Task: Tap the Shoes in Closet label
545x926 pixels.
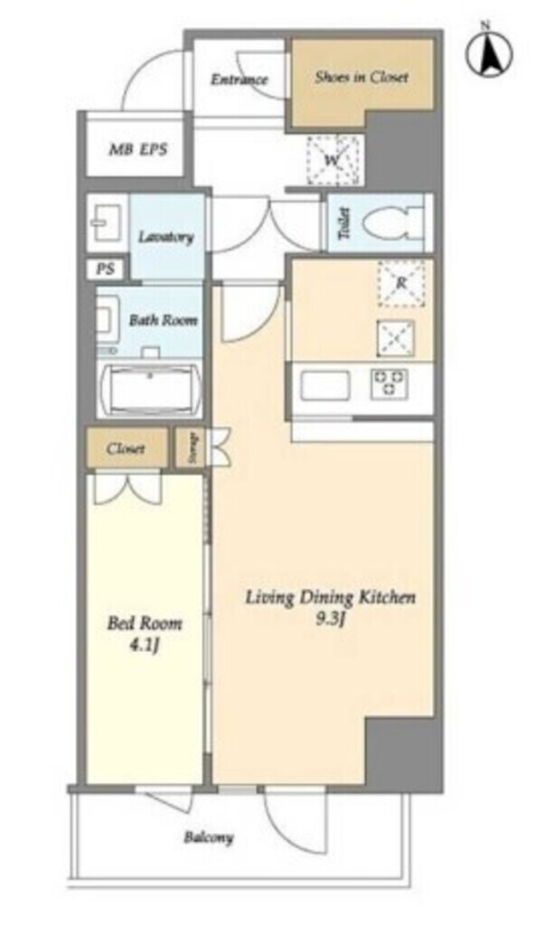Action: point(362,77)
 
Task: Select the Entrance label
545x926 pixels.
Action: point(240,80)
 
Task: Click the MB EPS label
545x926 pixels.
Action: point(137,149)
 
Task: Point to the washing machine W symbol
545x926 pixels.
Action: point(333,160)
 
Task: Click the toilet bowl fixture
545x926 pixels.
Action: point(393,222)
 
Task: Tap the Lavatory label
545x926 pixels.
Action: point(166,237)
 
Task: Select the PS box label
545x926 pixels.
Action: point(105,269)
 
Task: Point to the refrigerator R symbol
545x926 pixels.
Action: point(401,283)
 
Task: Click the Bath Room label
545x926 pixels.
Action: point(163,320)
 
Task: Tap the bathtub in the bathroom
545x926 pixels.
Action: point(151,391)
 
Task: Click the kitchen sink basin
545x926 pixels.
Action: point(324,385)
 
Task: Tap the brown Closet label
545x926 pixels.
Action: point(126,449)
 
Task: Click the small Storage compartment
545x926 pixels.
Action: point(189,449)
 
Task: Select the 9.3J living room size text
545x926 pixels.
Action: point(330,619)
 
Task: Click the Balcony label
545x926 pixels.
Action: point(208,837)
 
